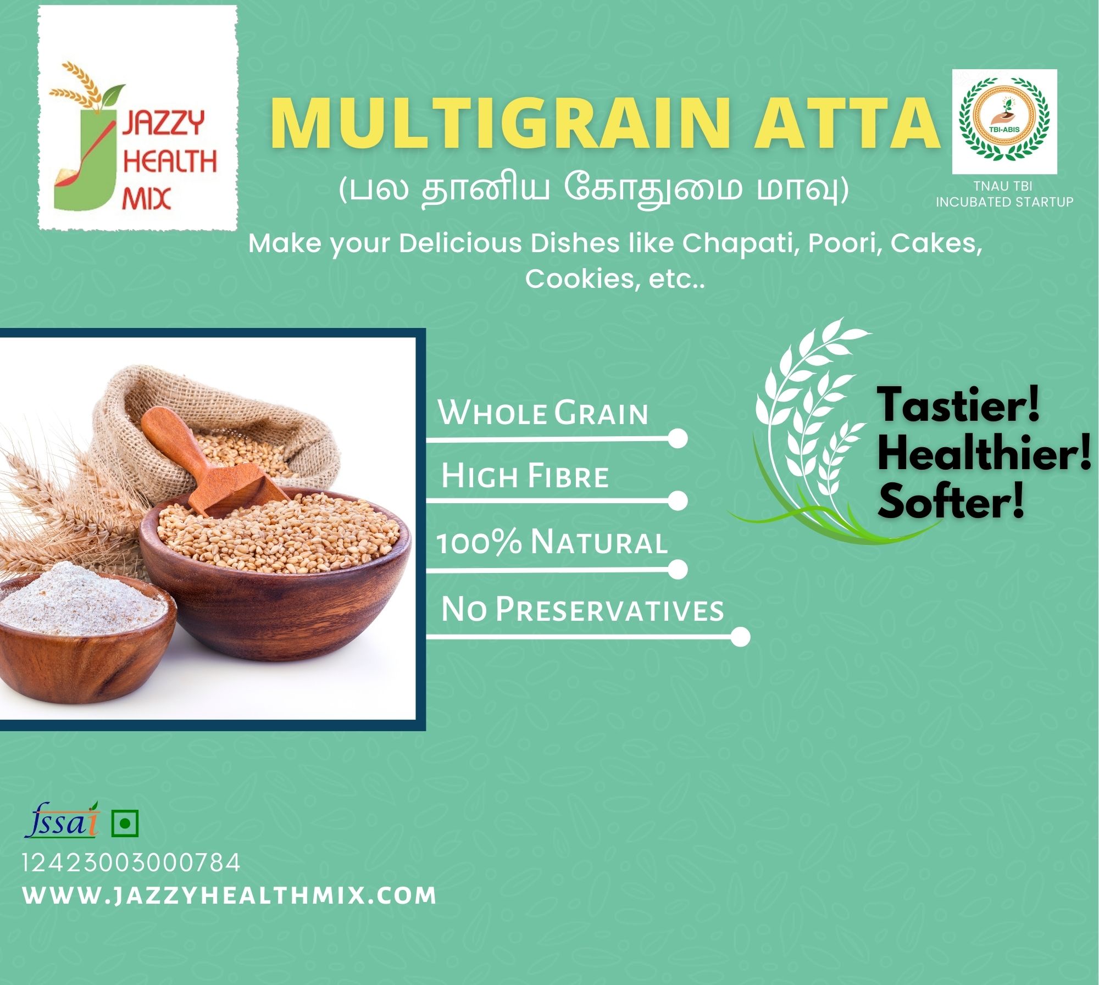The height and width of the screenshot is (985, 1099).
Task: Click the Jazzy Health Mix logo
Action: [137, 118]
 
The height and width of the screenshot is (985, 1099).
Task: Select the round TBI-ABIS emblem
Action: [1004, 121]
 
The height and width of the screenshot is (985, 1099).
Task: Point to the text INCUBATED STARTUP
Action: [1004, 202]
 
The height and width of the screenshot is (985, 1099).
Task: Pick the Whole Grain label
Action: [543, 413]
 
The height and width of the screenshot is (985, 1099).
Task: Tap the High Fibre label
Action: [525, 475]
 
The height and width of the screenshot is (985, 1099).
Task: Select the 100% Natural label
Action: [552, 542]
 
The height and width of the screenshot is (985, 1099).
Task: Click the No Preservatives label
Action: [582, 609]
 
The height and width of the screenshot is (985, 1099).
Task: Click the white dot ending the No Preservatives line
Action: [741, 637]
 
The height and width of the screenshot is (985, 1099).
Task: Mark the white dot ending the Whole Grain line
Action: [679, 439]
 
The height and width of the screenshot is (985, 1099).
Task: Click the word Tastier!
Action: [958, 405]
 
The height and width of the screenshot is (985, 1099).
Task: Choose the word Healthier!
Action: [984, 454]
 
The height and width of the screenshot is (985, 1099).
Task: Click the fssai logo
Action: [62, 820]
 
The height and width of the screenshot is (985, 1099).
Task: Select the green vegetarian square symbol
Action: [125, 823]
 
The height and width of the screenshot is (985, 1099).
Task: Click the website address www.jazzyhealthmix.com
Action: [230, 895]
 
